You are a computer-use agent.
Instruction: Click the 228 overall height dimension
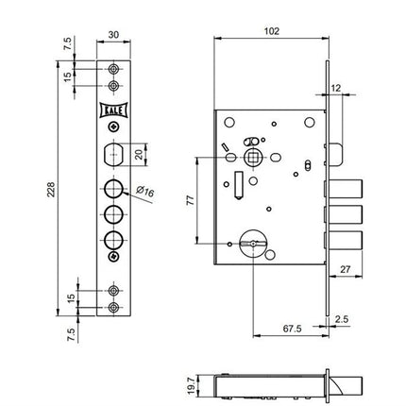point(52,189)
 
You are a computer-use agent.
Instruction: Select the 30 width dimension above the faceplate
point(113,34)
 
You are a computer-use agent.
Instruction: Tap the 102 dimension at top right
point(272,31)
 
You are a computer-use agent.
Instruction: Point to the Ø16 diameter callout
point(145,191)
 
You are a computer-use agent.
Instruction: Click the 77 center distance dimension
point(191,200)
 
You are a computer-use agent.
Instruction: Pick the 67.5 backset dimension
point(292,329)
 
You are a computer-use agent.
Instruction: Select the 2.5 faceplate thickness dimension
point(341,319)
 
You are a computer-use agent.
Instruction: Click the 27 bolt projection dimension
point(346,269)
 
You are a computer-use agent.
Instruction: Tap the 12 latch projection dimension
point(336,88)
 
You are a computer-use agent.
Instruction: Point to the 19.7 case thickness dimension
point(191,386)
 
